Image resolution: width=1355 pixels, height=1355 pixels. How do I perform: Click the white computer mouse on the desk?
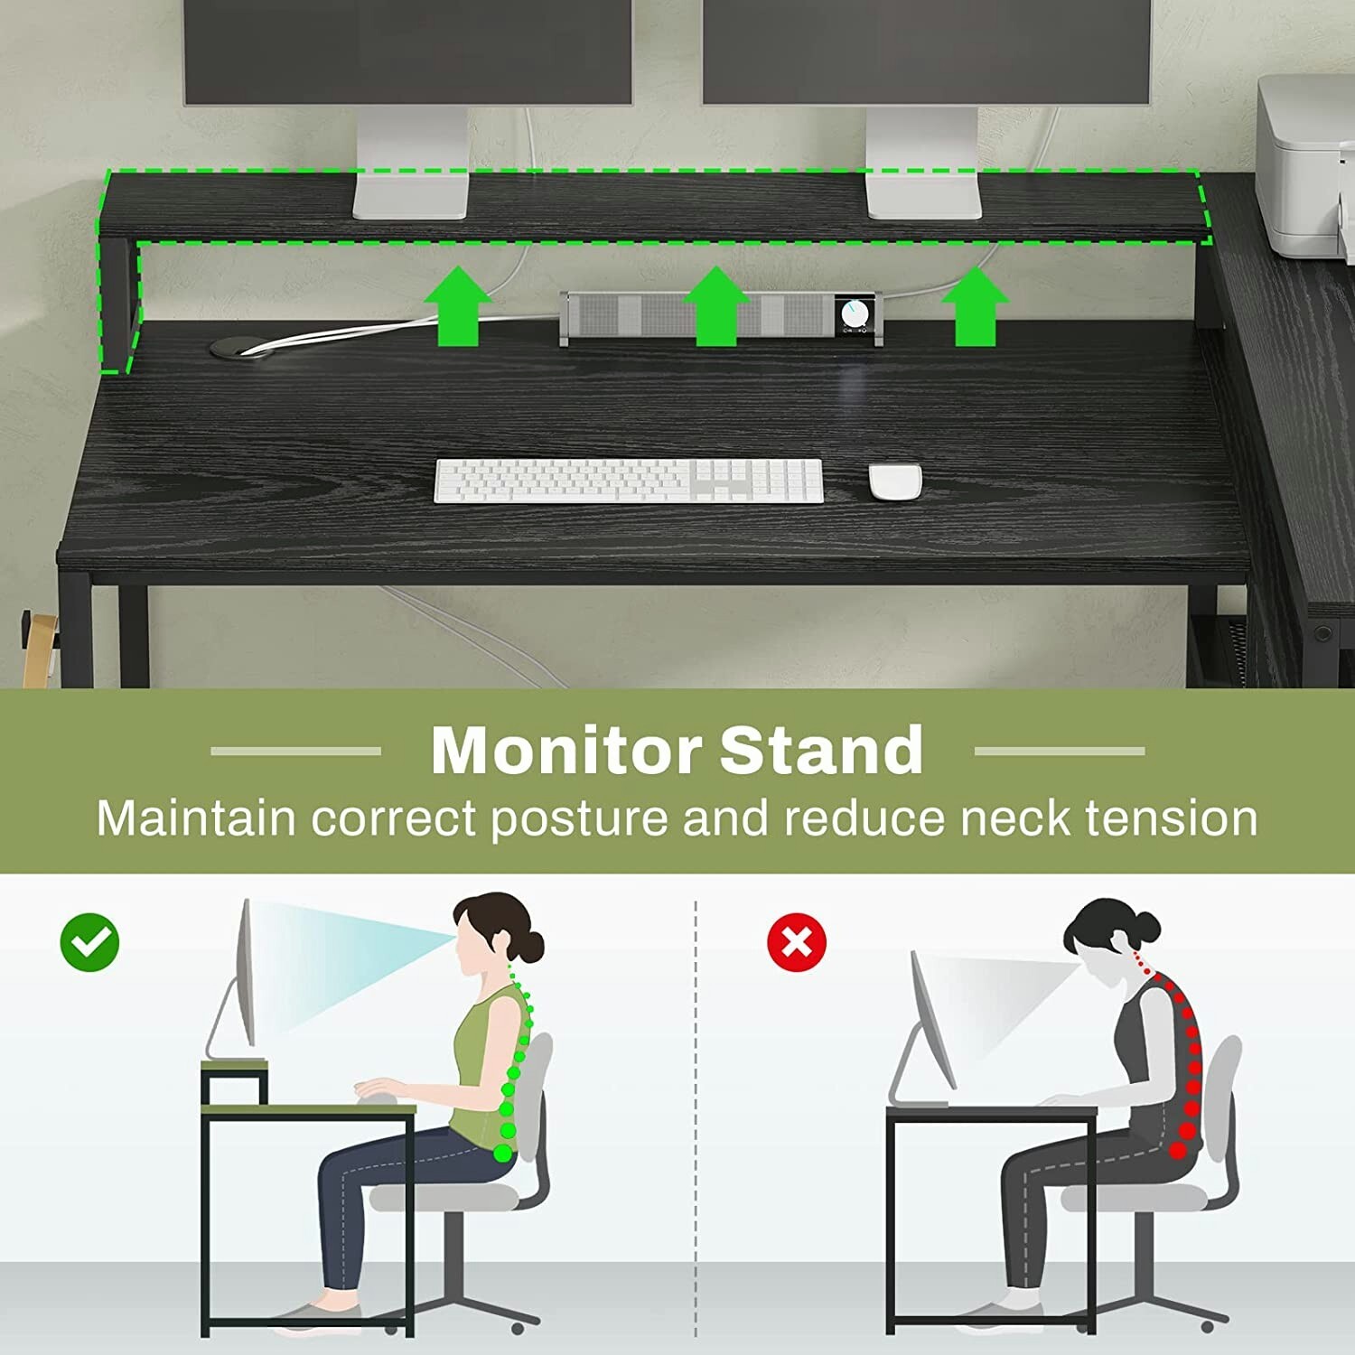click(x=895, y=481)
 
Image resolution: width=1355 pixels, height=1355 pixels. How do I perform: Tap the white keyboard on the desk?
click(x=629, y=481)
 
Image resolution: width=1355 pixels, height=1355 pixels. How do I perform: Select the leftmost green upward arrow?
click(x=457, y=307)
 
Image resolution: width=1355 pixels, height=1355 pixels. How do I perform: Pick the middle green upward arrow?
click(x=716, y=307)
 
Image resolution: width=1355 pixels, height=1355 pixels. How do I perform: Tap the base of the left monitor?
click(x=411, y=196)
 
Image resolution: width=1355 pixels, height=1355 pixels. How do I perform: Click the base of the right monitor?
click(x=924, y=196)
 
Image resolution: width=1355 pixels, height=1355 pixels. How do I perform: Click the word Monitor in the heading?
click(x=565, y=751)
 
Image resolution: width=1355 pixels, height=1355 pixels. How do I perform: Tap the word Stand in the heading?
click(x=821, y=751)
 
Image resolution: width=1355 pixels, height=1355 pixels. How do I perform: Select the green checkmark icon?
click(x=89, y=942)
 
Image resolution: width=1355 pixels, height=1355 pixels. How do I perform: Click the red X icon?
click(x=796, y=942)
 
